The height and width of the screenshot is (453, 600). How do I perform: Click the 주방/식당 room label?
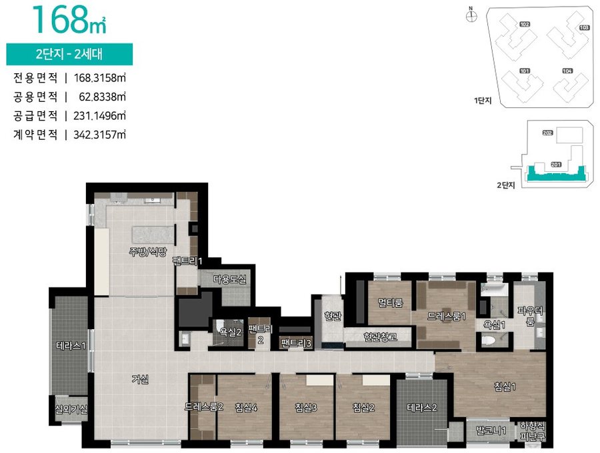click(148, 252)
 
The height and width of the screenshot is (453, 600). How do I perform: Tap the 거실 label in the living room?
click(140, 379)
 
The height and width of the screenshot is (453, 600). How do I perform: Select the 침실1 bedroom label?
click(505, 387)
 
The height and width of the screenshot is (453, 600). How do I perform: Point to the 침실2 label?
click(363, 408)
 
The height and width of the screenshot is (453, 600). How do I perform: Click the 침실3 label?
click(306, 408)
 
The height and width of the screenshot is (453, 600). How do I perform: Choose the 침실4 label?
click(246, 408)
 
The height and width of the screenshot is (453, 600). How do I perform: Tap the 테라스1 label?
click(71, 346)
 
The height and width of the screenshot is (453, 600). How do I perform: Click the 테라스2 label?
click(422, 408)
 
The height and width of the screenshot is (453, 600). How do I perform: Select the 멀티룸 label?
click(390, 302)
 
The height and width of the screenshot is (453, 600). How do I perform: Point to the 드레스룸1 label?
click(447, 316)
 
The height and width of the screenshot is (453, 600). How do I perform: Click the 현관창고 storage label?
click(381, 337)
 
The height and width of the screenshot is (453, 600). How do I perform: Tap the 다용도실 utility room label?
click(229, 279)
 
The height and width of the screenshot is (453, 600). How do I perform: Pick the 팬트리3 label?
click(296, 343)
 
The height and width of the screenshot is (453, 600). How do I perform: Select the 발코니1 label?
click(491, 431)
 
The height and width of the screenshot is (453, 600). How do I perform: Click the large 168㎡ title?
click(69, 20)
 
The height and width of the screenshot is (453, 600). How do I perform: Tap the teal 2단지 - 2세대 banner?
click(69, 54)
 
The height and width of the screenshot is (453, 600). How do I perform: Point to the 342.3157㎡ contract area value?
click(99, 135)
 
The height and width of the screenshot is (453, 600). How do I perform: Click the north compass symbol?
click(471, 16)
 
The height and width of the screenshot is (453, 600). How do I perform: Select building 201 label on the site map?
click(556, 165)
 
